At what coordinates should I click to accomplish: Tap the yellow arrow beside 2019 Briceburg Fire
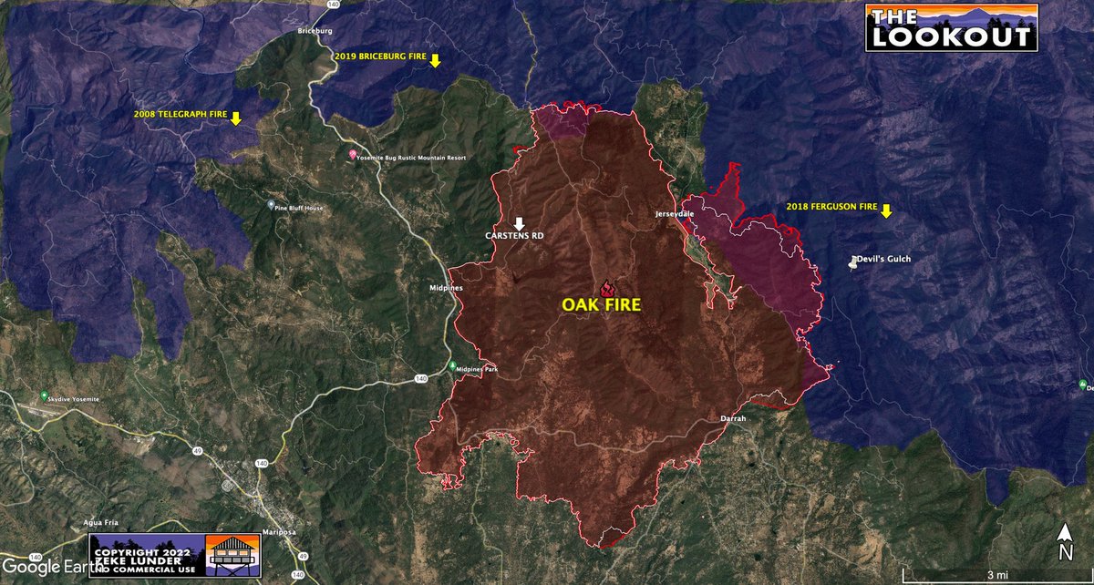(x=435, y=60)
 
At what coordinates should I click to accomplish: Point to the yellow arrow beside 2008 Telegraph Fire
(x=235, y=118)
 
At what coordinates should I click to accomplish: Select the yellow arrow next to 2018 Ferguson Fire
(x=885, y=211)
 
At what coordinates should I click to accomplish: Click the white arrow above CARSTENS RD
(x=520, y=223)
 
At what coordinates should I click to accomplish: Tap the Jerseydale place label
(x=675, y=214)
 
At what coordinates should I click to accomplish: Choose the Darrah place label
(x=733, y=418)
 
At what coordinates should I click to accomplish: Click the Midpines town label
(x=446, y=288)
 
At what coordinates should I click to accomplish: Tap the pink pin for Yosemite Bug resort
(x=353, y=156)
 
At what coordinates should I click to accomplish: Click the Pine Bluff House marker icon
(x=271, y=206)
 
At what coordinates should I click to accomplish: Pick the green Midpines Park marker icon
(x=453, y=366)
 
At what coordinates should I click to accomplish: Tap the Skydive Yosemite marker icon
(x=43, y=396)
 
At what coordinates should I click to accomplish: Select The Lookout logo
(x=951, y=27)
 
